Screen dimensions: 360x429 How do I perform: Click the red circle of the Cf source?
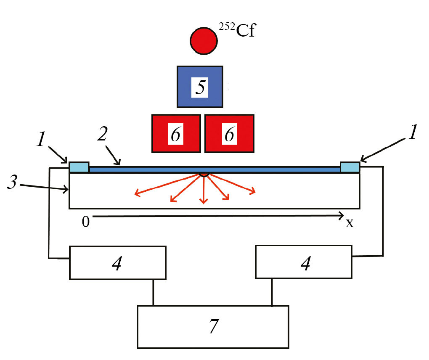(204, 40)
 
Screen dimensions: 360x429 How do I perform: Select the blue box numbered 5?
(200, 86)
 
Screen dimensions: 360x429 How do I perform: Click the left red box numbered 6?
(176, 133)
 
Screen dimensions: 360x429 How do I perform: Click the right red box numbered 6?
(229, 133)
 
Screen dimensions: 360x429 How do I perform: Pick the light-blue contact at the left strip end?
(79, 167)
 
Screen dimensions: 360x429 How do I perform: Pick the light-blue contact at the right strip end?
(350, 167)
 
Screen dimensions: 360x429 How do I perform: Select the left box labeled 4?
(118, 263)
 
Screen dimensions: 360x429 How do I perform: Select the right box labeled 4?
(304, 263)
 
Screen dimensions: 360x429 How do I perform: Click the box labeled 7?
(213, 326)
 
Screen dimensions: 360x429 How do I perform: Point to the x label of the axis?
(350, 223)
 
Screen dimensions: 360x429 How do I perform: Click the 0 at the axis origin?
(85, 222)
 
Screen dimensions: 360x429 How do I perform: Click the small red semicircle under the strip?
(204, 174)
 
